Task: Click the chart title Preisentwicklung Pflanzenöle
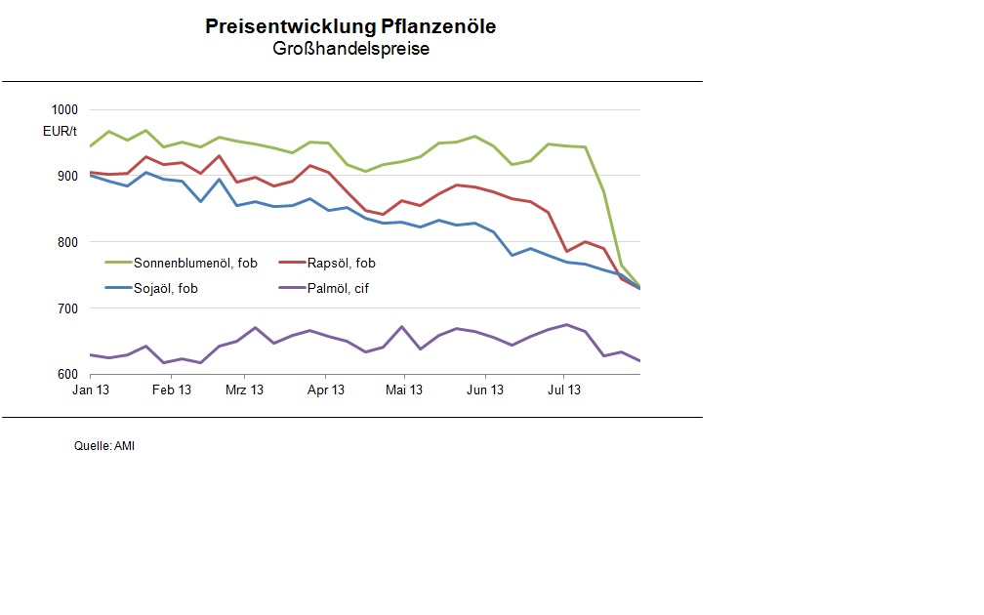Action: [350, 26]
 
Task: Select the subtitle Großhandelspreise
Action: [350, 49]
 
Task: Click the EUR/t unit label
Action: [60, 131]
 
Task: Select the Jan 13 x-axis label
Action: [90, 390]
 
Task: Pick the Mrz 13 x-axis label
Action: [244, 390]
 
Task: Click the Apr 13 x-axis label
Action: [326, 390]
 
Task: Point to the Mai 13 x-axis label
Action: [404, 390]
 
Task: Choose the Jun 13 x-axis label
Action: [485, 390]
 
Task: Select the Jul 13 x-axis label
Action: [563, 390]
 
